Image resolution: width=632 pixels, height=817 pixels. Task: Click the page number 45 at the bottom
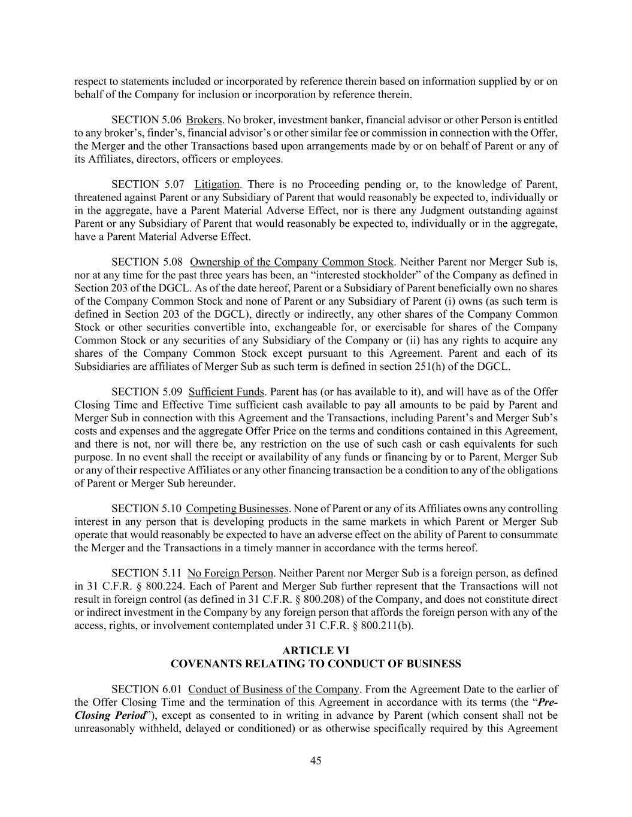pos(316,761)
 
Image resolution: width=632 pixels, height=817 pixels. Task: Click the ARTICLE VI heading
pos(316,651)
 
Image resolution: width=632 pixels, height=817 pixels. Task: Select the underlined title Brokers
pos(204,120)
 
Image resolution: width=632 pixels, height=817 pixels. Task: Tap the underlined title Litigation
pos(217,184)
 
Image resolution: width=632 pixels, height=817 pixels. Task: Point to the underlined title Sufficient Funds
pos(226,392)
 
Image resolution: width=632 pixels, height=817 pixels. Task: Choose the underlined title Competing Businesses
pos(238,509)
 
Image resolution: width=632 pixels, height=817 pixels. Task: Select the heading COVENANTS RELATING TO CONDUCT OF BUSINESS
pos(316,664)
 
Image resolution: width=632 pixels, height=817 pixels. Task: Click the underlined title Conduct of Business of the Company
pos(273,690)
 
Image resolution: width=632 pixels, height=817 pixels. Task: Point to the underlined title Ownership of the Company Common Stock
pos(292,262)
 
